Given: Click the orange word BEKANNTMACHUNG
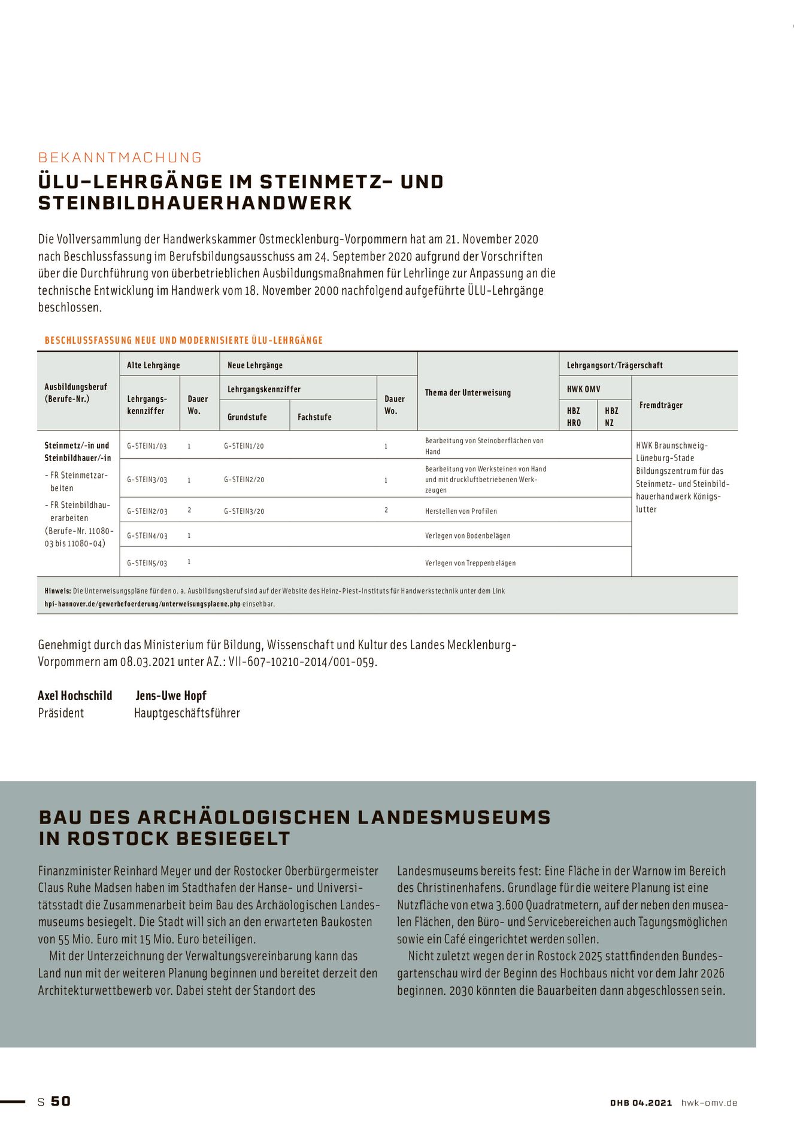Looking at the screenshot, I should tap(120, 158).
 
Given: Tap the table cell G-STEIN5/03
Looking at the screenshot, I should tap(147, 563).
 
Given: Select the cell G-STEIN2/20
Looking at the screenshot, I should tap(244, 480).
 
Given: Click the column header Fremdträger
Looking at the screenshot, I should tap(660, 405).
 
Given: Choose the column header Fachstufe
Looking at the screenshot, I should tap(314, 417).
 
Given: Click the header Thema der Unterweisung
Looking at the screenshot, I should tap(468, 393).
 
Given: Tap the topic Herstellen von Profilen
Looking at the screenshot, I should tap(460, 511).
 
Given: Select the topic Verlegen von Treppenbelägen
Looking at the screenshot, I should tap(470, 563).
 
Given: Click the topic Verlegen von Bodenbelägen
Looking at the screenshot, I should tap(468, 536).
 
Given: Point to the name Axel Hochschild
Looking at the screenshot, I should tap(75, 695).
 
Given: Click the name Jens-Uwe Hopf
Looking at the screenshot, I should tap(171, 695).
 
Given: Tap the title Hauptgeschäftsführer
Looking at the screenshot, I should tap(187, 713).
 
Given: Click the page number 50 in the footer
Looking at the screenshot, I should tap(60, 1101).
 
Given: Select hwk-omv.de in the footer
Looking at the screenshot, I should tap(709, 1103).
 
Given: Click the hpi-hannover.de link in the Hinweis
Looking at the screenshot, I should tap(143, 604).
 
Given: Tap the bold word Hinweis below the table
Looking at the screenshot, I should tap(57, 591).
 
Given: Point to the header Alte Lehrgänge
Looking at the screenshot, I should tap(153, 365).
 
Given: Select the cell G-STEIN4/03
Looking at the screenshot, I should tap(147, 536).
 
